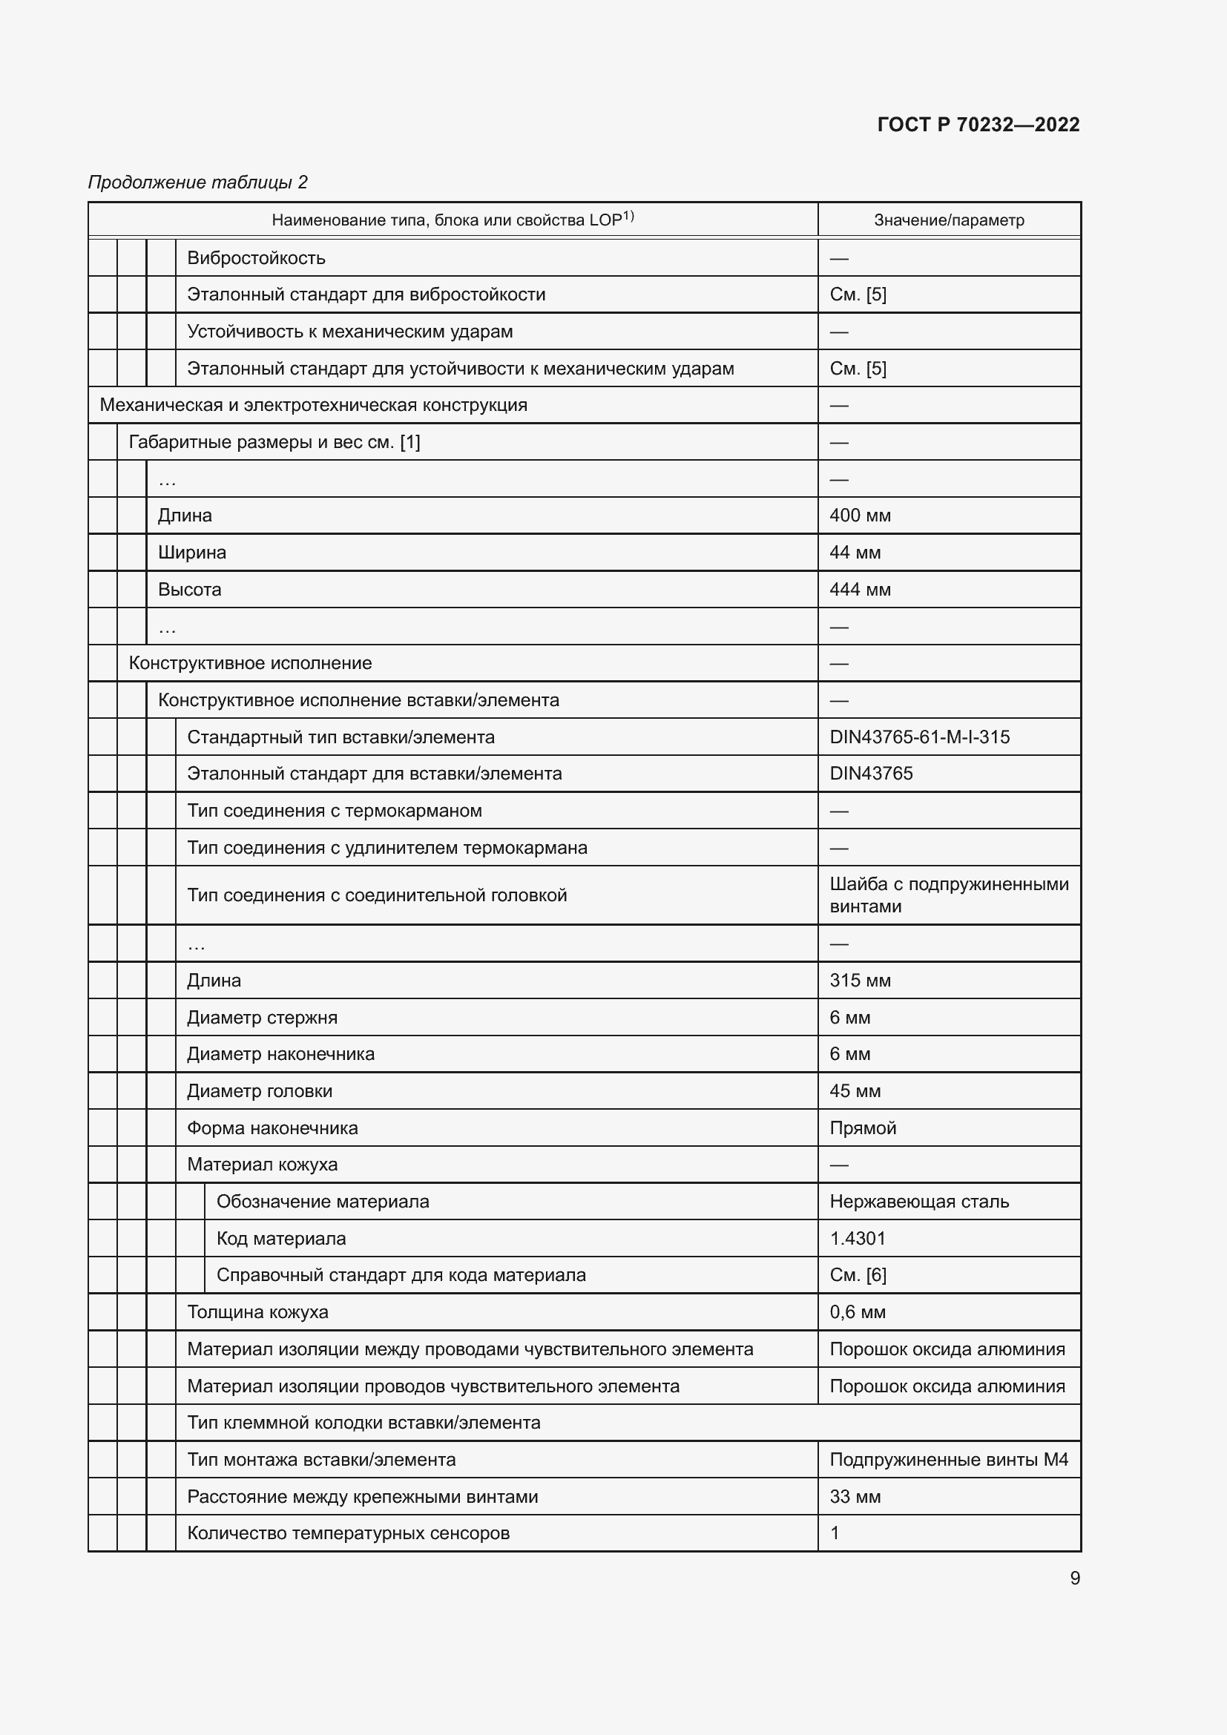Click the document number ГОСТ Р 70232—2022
pos(978,125)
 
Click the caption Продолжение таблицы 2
pos(198,182)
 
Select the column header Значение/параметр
pos(948,220)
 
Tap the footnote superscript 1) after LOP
pos(628,216)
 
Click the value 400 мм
pos(860,516)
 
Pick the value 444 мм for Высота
pos(860,590)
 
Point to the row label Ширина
pos(192,553)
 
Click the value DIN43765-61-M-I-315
pos(918,737)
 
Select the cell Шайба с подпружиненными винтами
pos(948,895)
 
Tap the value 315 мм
pos(860,980)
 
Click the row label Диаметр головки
pos(259,1090)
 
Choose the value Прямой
pos(862,1127)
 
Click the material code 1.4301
pos(857,1238)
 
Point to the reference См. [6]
pos(858,1275)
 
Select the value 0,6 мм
pos(857,1312)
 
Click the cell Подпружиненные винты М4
pos(948,1459)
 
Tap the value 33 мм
pos(855,1496)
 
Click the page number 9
pos(1074,1578)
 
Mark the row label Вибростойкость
pos(256,257)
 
